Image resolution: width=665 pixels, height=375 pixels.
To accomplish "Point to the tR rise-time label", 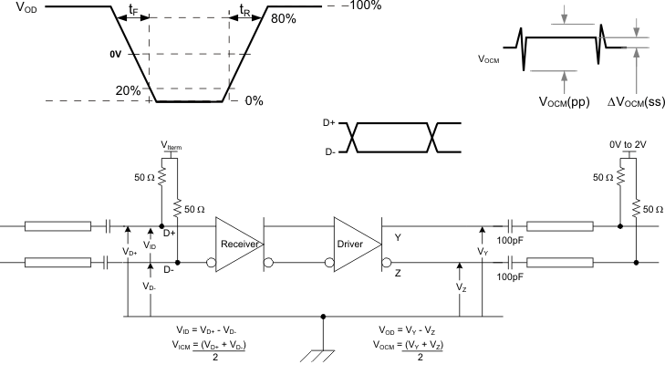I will click(x=244, y=13).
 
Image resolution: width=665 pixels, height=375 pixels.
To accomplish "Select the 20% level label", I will click(x=128, y=90).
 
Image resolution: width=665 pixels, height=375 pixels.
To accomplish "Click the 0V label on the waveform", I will click(x=115, y=55).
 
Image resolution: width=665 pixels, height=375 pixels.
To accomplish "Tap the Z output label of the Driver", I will click(x=399, y=272).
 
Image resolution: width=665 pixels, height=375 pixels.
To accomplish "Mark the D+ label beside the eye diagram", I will click(x=330, y=123).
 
